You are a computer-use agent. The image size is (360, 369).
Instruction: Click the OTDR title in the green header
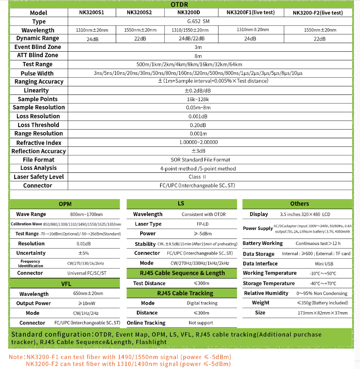tap(179, 5)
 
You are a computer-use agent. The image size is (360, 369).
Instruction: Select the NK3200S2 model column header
tap(139, 13)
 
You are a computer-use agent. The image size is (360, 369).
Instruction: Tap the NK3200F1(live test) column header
tap(251, 13)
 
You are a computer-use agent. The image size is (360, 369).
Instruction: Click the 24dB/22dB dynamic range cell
tap(192, 38)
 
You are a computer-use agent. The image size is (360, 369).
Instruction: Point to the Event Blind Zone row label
tap(38, 47)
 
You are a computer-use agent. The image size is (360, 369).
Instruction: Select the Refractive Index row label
tap(39, 143)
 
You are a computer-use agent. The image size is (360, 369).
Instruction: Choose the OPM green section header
tap(65, 204)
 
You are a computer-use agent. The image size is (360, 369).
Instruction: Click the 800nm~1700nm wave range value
tap(86, 214)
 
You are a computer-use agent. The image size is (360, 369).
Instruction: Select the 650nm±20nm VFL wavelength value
tap(88, 294)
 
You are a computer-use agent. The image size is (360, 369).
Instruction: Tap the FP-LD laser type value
tap(204, 224)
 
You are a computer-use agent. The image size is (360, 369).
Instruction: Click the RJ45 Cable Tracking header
tap(182, 293)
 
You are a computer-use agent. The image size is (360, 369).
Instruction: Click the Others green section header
tap(300, 204)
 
